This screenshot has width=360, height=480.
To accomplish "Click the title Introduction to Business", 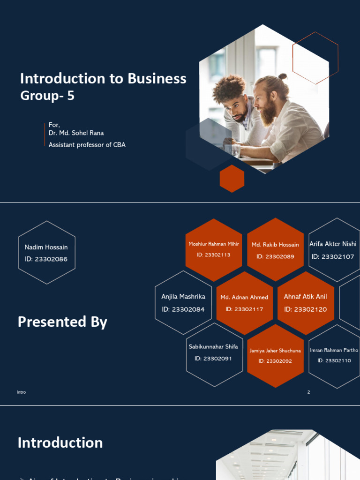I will [x=103, y=79].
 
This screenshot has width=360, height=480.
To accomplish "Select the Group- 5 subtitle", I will [x=47, y=96].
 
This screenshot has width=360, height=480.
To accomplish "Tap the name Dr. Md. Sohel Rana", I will [x=76, y=133].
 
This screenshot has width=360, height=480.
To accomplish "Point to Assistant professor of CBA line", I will [x=87, y=145].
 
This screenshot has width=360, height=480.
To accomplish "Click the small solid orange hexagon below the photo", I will [x=232, y=179].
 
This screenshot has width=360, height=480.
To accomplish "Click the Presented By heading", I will [x=62, y=322].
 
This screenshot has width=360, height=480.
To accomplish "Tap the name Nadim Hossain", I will [x=46, y=247].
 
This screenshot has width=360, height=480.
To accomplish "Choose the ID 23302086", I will [x=46, y=259].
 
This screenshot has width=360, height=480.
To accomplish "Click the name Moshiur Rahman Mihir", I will [x=214, y=244].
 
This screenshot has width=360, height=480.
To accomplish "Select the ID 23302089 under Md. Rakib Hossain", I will [x=275, y=256].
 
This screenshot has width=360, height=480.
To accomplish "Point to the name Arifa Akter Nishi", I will [x=333, y=244].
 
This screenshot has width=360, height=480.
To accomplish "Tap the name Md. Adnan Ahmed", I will [x=244, y=297].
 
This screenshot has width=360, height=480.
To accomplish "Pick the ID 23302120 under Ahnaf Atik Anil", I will [x=306, y=309].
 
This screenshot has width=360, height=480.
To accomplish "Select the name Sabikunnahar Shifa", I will [x=213, y=347].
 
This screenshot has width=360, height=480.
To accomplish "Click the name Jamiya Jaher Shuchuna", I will [x=275, y=350].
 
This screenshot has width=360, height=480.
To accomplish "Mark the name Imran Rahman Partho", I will [x=334, y=350].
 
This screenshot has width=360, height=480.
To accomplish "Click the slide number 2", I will [x=308, y=392].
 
